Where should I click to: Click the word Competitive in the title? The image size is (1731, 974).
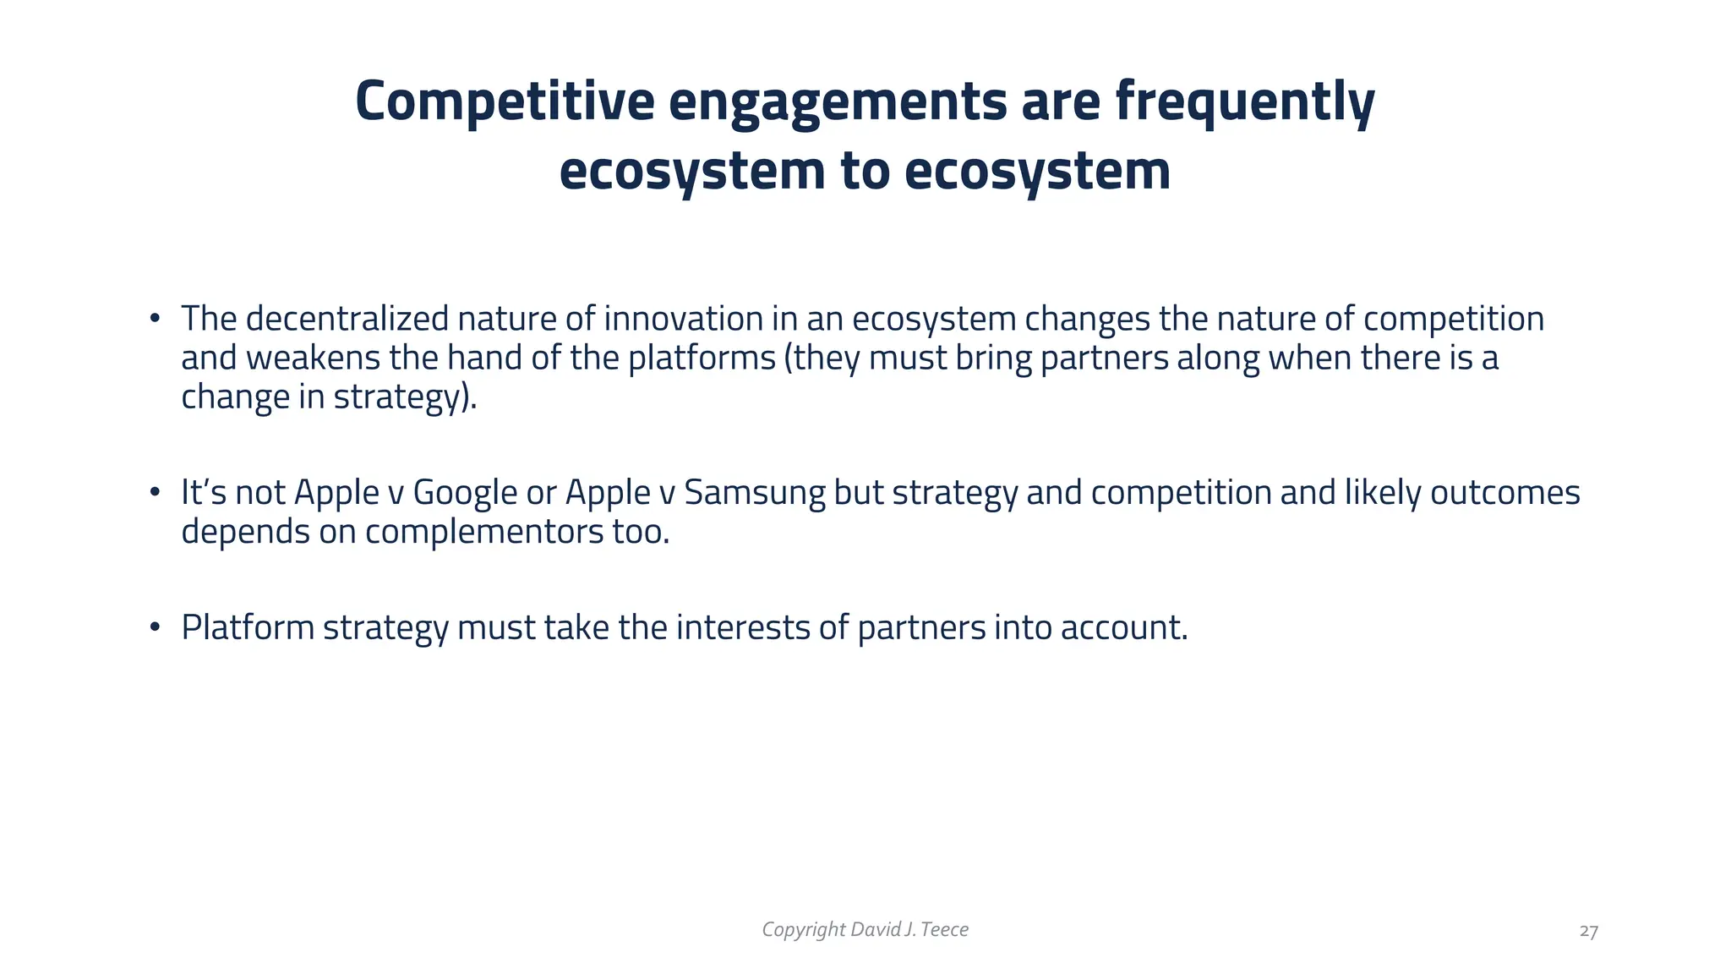(505, 101)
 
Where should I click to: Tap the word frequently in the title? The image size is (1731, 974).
(1245, 101)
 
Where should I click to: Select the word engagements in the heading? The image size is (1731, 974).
(838, 101)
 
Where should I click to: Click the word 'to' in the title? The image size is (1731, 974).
(865, 171)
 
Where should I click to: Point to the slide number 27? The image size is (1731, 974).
(1588, 932)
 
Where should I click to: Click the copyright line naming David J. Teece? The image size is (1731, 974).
(865, 930)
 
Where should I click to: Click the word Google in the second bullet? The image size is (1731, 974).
(464, 493)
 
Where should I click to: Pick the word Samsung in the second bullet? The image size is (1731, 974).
(754, 493)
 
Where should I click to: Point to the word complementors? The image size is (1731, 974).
(484, 532)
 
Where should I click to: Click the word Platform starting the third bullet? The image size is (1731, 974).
(247, 627)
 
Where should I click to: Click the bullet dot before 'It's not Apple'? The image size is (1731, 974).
(155, 493)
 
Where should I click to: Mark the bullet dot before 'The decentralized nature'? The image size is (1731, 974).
(155, 319)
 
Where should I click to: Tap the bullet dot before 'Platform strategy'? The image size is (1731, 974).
(155, 627)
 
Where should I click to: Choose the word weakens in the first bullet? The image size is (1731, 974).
(313, 358)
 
